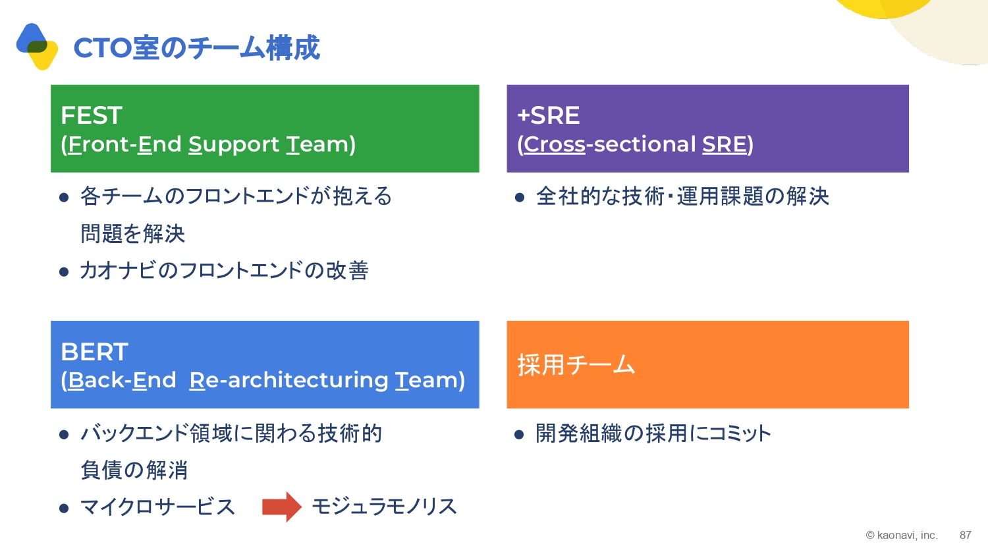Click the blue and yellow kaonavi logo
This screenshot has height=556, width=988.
[x=37, y=46]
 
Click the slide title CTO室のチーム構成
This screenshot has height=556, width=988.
[x=196, y=47]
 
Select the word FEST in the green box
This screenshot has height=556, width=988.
[x=92, y=115]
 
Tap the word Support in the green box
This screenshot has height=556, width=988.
[x=234, y=145]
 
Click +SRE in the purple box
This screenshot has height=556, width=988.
[x=548, y=115]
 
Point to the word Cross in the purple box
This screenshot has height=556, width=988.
[x=555, y=144]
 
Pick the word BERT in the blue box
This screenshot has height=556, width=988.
[x=94, y=352]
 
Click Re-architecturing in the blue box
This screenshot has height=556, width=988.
[x=288, y=380]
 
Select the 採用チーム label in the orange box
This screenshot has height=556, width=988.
[x=576, y=365]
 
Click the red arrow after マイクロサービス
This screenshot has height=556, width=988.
[x=282, y=507]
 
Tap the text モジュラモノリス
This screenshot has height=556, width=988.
[x=384, y=507]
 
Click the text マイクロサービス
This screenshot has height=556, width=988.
[x=157, y=507]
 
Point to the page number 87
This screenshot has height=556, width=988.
[x=966, y=536]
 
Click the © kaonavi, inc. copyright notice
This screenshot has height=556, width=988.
[x=902, y=536]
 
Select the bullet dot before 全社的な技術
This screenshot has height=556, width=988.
[x=520, y=197]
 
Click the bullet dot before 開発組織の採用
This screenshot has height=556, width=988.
[x=519, y=435]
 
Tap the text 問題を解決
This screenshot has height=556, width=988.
[x=132, y=233]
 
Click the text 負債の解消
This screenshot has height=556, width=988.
[x=134, y=470]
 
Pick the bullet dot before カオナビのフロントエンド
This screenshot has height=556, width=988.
[x=64, y=272]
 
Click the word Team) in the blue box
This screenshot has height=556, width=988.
[x=430, y=380]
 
